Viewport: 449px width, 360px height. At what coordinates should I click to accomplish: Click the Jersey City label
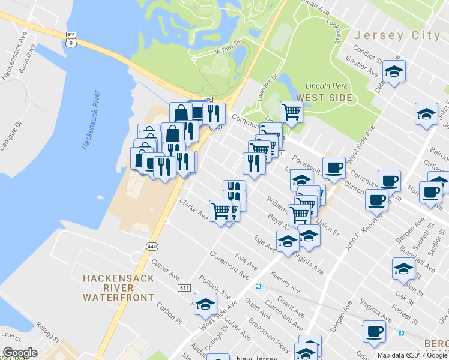[x=397, y=35]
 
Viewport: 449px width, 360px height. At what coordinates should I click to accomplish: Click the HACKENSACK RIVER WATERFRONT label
[x=118, y=287]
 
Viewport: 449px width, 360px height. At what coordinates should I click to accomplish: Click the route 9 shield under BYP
[x=72, y=43]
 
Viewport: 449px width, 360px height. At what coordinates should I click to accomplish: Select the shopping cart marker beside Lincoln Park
[x=291, y=110]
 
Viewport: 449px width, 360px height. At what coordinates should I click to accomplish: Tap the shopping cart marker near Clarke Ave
[x=221, y=210]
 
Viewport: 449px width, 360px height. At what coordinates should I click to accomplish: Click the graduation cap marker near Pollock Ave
[x=205, y=304]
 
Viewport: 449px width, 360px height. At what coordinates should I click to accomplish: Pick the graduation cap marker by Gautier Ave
[x=394, y=71]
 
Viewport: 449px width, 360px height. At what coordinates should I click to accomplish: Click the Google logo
[x=20, y=353]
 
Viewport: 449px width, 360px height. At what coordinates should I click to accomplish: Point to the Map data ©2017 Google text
[x=412, y=355]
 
